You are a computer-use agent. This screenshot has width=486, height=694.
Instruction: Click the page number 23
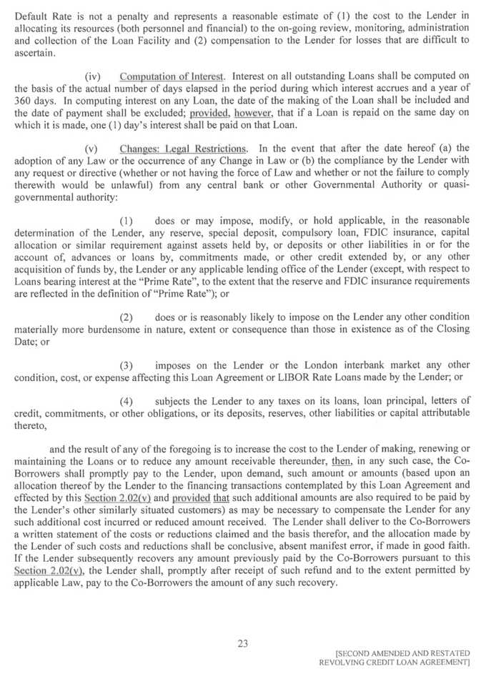point(243,643)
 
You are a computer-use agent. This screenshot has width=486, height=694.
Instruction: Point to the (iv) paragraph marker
point(93,76)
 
